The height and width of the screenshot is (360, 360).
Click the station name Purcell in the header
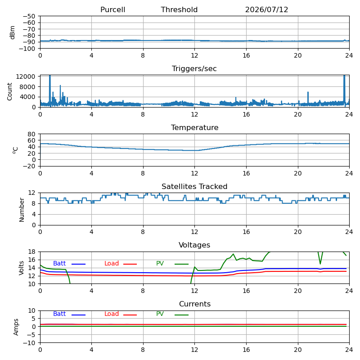point(113,9)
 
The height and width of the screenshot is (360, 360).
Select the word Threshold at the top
point(179,9)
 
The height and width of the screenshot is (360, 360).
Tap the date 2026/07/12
point(266,9)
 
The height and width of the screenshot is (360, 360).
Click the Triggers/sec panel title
point(194,68)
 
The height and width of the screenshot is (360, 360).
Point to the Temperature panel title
point(195,127)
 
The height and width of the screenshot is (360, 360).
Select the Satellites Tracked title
point(194,186)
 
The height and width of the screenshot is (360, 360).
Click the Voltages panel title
point(194,245)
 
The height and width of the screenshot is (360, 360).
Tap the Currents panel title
point(195,304)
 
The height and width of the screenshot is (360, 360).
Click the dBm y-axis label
point(12,32)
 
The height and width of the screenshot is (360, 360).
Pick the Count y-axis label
point(9,92)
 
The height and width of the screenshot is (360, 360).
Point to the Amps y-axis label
point(16,327)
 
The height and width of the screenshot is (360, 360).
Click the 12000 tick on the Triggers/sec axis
point(26,76)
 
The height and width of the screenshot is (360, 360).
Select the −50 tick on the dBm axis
point(29,16)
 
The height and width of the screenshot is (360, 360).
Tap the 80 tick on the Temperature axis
point(31,134)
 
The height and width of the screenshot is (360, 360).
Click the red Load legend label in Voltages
point(112,263)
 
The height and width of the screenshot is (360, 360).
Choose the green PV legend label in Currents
point(160,314)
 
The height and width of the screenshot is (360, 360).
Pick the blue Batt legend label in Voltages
point(59,263)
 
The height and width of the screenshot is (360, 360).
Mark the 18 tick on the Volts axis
point(31,252)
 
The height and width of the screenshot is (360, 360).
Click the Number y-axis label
point(22,210)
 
